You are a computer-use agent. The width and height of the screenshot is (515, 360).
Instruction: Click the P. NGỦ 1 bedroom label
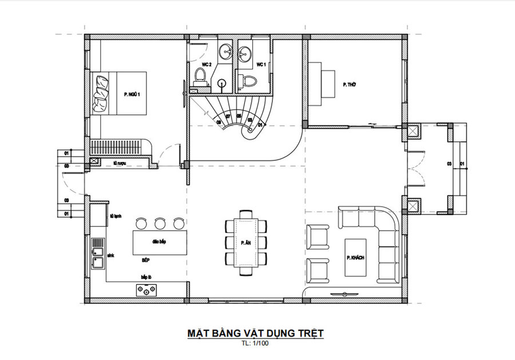pyautogui.click(x=132, y=93)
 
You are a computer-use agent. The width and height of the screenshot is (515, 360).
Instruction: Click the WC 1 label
pyautogui.click(x=261, y=65)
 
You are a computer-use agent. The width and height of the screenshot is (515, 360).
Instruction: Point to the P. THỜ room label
pyautogui.click(x=350, y=85)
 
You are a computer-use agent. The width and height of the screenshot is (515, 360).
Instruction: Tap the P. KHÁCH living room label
pyautogui.click(x=355, y=258)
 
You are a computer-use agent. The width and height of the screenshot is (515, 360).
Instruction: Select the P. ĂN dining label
pyautogui.click(x=247, y=243)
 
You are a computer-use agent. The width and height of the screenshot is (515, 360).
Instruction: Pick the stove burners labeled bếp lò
pyautogui.click(x=148, y=291)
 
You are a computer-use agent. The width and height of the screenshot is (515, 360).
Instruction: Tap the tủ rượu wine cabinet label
pyautogui.click(x=119, y=164)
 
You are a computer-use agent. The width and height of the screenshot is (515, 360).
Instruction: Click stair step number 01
pyautogui.click(x=260, y=124)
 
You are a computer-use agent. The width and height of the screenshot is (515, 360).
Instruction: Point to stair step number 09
pyautogui.click(x=219, y=122)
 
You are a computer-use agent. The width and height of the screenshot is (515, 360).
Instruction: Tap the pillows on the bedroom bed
pyautogui.click(x=102, y=93)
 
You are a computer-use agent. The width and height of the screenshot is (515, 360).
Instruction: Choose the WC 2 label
pyautogui.click(x=207, y=64)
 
